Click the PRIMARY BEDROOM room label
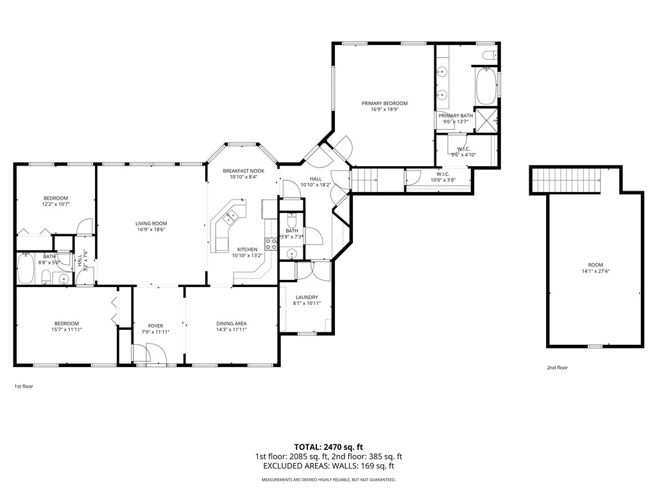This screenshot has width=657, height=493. [384, 103]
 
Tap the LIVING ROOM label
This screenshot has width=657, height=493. [151, 223]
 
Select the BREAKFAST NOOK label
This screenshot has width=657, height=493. [243, 171]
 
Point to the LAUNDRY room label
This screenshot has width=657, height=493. [307, 297]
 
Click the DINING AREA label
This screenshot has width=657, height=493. [232, 323]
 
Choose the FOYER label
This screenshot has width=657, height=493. [156, 325]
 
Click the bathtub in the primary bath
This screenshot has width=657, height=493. [486, 86]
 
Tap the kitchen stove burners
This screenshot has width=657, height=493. [271, 243]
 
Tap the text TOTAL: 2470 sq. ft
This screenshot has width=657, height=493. [328, 447]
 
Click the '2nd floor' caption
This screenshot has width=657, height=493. [557, 368]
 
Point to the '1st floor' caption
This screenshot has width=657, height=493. [24, 386]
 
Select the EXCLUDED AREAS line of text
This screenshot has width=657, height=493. [328, 466]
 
